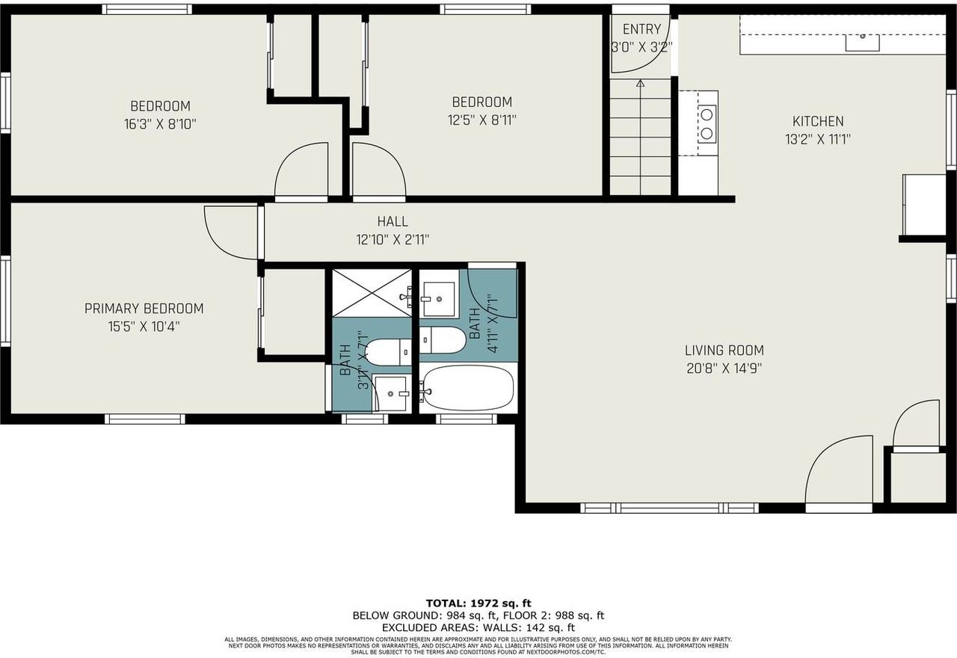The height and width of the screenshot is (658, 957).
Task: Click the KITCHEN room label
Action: coord(817,121)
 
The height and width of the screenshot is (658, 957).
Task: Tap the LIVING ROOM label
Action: coord(724,350)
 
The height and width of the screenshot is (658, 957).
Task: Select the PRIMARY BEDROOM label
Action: coord(144,309)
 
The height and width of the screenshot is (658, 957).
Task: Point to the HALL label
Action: coord(393,221)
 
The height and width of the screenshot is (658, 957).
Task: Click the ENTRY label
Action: coord(641,30)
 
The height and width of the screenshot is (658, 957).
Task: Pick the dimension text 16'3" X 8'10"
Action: coord(160,124)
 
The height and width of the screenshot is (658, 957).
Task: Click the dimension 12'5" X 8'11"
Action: coord(481,120)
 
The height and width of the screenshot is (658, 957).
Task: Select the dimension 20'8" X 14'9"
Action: coord(724,368)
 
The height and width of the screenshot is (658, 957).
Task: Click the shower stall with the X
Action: coord(372,293)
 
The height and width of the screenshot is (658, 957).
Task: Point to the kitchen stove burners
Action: coord(707,124)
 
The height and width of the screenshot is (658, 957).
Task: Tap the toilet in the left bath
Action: coord(386,352)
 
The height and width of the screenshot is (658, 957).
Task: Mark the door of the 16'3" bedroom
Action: coord(302,172)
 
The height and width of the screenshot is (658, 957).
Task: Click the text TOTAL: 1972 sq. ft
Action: coord(478,603)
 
